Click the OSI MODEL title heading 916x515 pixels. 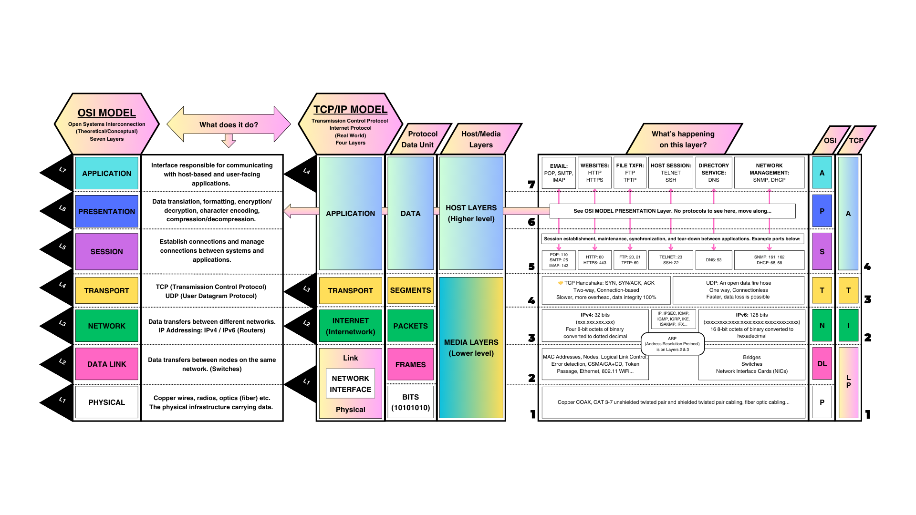coord(106,113)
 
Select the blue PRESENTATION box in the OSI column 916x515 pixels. coord(106,211)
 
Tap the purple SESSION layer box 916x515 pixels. coord(106,251)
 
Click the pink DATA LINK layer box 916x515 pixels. coord(106,364)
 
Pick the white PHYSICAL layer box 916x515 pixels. coord(106,402)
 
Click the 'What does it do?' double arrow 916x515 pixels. coord(229,124)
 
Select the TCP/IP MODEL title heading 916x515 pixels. coord(350,110)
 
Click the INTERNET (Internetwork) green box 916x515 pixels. coord(350,326)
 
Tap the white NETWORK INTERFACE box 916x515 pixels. coord(350,384)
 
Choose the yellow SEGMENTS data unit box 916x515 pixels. coord(410,290)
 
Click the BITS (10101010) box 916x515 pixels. coord(410,402)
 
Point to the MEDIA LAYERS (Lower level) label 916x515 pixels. coord(471,348)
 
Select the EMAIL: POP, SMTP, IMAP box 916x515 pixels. coord(559,173)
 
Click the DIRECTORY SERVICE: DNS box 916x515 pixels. coord(713,173)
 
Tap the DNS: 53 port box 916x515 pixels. coord(713,260)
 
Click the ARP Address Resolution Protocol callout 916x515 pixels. coord(672,344)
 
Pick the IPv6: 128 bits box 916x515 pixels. coord(751,325)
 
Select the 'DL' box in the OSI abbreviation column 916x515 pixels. coord(822,364)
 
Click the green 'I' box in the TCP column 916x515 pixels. coord(848,326)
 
